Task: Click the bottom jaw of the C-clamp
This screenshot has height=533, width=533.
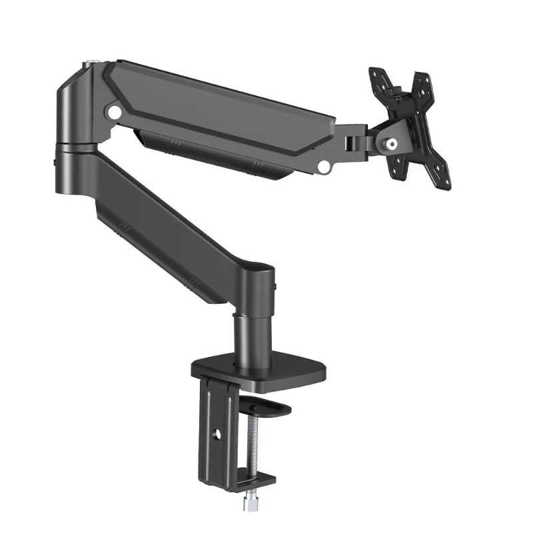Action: (257, 478)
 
